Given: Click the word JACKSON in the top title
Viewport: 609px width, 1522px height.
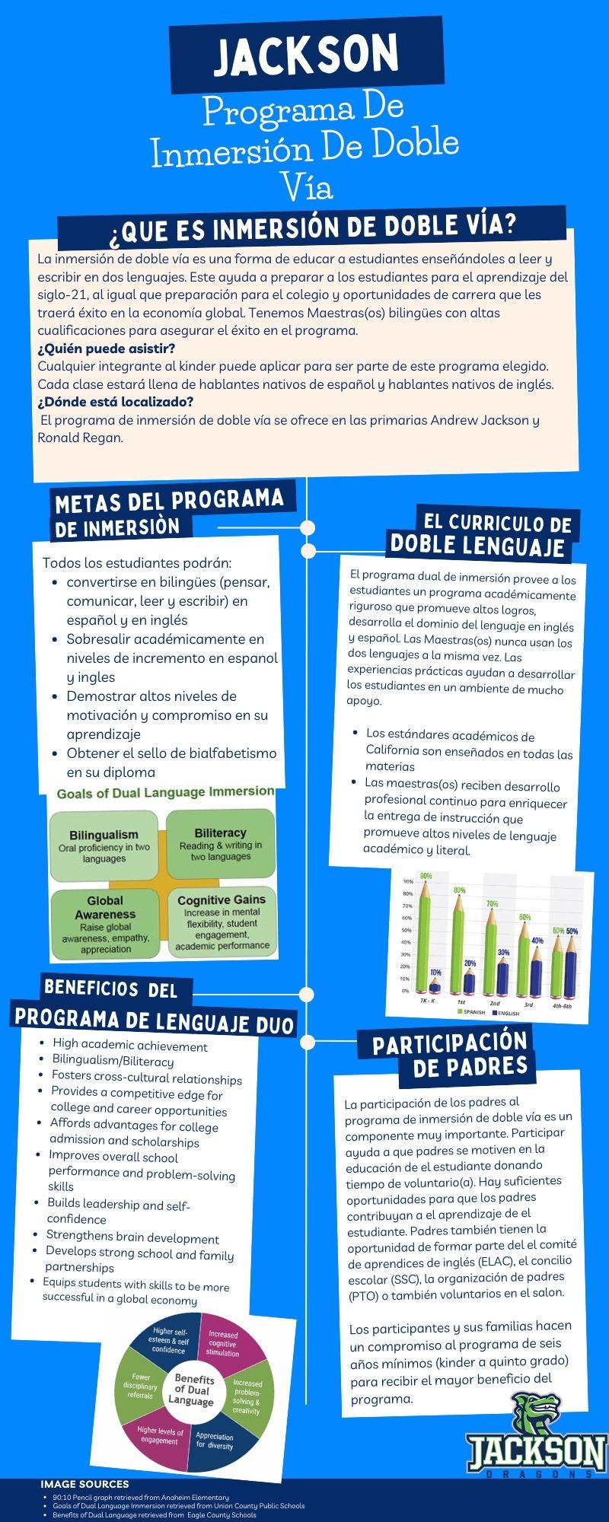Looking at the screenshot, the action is coord(306,55).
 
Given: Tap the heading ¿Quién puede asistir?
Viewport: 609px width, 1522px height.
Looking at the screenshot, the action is coord(107,349).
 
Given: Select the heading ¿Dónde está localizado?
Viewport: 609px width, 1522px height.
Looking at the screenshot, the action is coord(115,402).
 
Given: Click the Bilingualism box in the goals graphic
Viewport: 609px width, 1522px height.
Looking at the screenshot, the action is coord(104,845).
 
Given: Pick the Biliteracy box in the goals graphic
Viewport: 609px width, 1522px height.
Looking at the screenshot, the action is coord(221,844).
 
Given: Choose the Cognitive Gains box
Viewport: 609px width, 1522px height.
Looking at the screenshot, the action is coord(222,923).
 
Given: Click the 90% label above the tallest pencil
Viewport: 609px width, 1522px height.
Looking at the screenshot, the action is coord(426,876).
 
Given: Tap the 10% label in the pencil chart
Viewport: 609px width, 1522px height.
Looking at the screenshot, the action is coord(435,973).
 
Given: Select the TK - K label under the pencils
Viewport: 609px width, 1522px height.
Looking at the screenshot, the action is coord(428,1001).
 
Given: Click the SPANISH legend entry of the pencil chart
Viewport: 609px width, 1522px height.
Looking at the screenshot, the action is coord(470,1013).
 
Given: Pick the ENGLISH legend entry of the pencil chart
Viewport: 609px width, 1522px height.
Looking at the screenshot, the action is coord(505,1013).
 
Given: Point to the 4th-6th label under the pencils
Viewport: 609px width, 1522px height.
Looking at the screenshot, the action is coord(562,1005).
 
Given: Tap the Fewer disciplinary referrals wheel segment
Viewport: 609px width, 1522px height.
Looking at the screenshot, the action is coord(141,1386).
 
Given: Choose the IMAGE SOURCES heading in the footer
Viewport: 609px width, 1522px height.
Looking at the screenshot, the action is coord(84,1484).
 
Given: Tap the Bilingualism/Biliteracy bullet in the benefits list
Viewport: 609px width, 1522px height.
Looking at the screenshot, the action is coord(113,1061).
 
